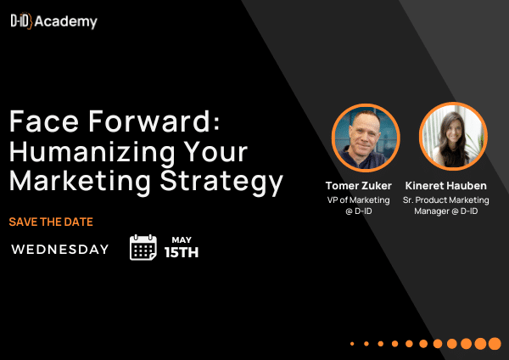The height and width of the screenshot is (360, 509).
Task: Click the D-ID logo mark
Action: point(21,21)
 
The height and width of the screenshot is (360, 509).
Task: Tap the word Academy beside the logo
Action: point(66,22)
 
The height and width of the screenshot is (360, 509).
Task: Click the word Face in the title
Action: point(44,121)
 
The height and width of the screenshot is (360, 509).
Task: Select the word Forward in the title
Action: point(154,121)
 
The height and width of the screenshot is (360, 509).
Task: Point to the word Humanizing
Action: point(92,153)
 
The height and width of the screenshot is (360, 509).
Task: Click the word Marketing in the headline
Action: point(80,182)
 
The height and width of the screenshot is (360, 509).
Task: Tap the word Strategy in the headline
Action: point(221,182)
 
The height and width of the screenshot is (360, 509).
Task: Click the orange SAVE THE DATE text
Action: point(51,222)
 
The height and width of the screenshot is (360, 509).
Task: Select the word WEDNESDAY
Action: point(60,250)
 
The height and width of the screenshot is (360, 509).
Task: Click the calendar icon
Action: point(143,247)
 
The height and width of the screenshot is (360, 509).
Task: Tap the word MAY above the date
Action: point(182,239)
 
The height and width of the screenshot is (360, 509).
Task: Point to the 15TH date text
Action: point(182,252)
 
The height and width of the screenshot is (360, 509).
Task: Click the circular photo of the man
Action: point(366,138)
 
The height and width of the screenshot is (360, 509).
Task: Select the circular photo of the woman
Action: point(453,137)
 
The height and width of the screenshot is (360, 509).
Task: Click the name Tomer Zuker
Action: point(359,186)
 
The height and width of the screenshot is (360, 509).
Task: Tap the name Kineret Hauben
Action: point(446,186)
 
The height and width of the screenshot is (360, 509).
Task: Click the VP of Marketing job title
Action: point(358,200)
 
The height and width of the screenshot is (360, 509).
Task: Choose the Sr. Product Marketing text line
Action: point(446,200)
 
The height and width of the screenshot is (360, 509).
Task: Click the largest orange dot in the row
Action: point(495,343)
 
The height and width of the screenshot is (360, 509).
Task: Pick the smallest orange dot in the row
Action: point(352,343)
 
